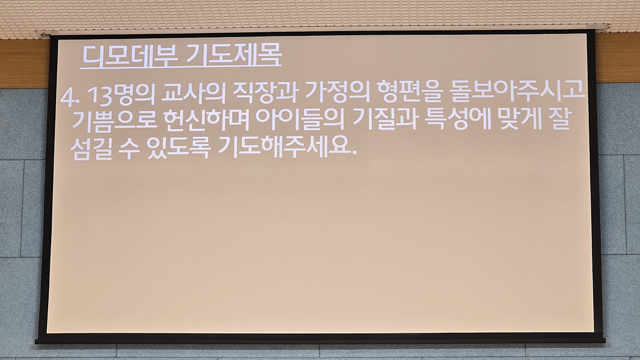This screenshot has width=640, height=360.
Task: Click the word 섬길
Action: (91, 149)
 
